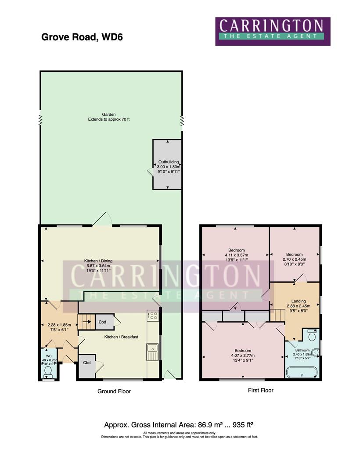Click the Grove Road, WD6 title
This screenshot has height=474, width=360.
pyautogui.click(x=82, y=37)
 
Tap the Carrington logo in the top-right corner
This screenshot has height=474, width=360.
pyautogui.click(x=273, y=31)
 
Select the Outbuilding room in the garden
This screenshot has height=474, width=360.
pyautogui.click(x=167, y=164)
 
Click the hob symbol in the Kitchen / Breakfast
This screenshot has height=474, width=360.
pyautogui.click(x=153, y=315)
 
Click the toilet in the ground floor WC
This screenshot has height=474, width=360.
pyautogui.click(x=48, y=372)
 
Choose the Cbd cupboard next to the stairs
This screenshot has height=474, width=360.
pyautogui.click(x=103, y=322)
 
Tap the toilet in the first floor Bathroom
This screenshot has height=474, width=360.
pyautogui.click(x=312, y=335)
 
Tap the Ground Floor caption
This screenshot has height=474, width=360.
pyautogui.click(x=114, y=391)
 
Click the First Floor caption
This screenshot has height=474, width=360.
pyautogui.click(x=260, y=390)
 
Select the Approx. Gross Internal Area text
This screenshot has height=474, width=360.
pyautogui.click(x=179, y=425)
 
